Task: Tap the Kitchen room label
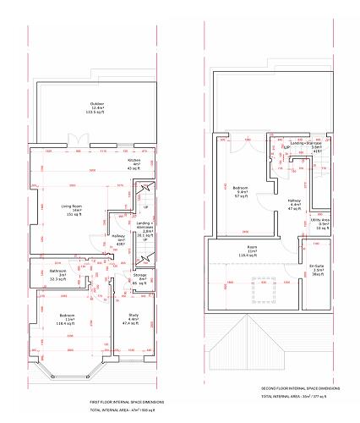click(134, 162)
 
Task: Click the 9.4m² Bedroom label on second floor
click(240, 191)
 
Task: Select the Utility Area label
click(319, 223)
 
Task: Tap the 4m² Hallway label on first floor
click(121, 240)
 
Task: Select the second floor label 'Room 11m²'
click(252, 250)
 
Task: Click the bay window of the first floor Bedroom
click(68, 372)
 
